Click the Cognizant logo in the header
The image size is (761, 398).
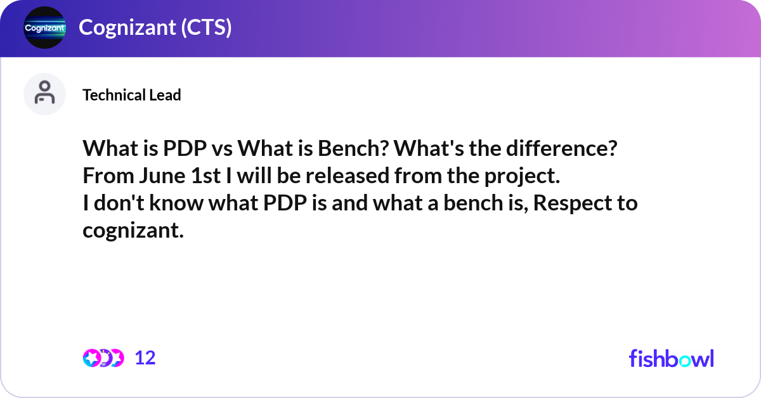pyautogui.click(x=44, y=28)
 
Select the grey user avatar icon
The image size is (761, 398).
pyautogui.click(x=44, y=94)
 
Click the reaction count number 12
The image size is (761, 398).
pyautogui.click(x=145, y=358)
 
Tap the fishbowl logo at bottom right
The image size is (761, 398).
pyautogui.click(x=671, y=358)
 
